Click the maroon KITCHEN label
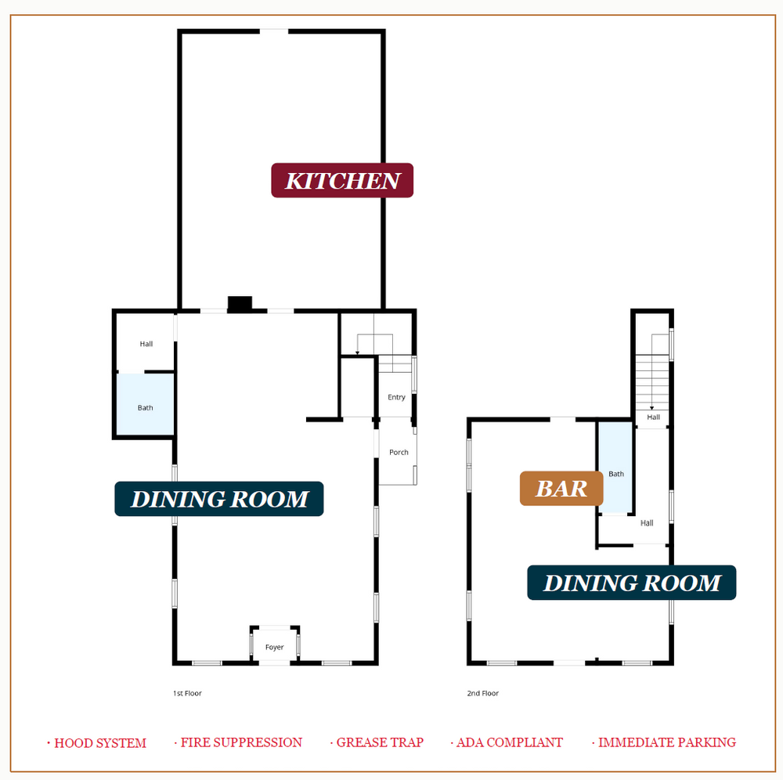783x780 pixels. [342, 180]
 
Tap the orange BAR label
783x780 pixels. [561, 489]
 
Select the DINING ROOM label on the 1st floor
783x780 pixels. [219, 499]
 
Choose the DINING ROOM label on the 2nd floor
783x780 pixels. [632, 583]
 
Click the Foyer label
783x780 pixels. [274, 647]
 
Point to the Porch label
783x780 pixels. [399, 453]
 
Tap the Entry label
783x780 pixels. [396, 398]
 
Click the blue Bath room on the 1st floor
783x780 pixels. [146, 404]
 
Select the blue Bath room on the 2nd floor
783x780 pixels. [615, 468]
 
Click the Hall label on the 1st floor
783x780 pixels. [146, 344]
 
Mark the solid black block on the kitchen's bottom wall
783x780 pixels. [240, 303]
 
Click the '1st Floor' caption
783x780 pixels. [187, 693]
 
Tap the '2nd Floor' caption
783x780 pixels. [483, 693]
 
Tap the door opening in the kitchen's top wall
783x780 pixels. [273, 31]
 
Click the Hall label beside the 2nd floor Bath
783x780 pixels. [647, 523]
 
